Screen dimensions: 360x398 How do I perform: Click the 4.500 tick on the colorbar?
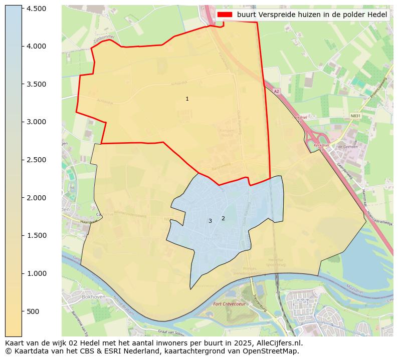click(x=37, y=9)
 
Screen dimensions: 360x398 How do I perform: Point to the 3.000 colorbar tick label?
click(x=37, y=122)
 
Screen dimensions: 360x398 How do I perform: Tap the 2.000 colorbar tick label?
click(x=37, y=198)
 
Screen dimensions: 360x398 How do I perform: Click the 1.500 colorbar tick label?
click(x=37, y=235)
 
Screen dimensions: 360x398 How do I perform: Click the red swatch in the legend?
click(x=225, y=15)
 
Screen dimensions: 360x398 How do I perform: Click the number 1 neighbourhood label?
click(x=187, y=99)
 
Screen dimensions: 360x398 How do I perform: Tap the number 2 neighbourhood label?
click(x=223, y=218)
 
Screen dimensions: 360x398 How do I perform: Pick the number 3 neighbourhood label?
click(x=210, y=221)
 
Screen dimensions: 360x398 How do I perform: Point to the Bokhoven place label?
click(x=92, y=297)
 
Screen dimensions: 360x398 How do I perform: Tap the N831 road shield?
click(x=355, y=116)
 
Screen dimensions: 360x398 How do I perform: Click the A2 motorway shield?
click(x=276, y=92)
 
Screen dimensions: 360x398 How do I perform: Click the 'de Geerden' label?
click(x=346, y=147)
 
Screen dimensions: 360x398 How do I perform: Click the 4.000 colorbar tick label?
click(x=37, y=46)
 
